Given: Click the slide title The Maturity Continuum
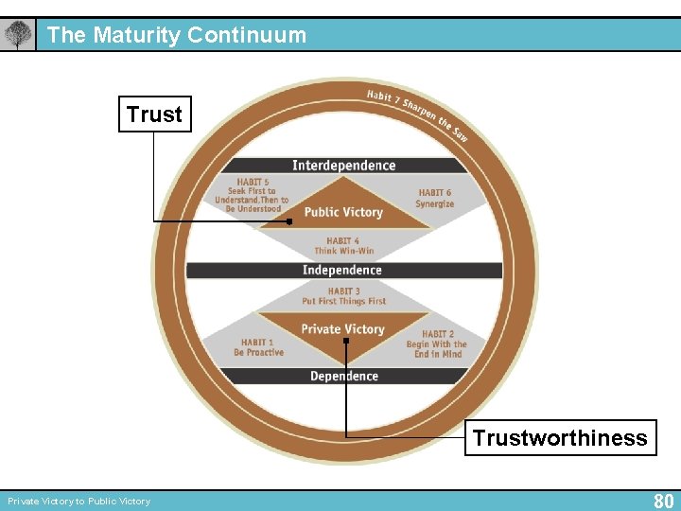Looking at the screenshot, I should coord(177,36).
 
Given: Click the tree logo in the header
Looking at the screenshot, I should coord(17,36).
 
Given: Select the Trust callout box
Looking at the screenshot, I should coord(154,115).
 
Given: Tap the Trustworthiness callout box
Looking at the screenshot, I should coord(560,438).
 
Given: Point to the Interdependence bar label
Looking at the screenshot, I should coord(343,166).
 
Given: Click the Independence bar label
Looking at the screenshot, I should coord(341,271).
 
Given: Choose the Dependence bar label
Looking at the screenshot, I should coord(343,377).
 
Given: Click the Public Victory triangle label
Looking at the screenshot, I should coord(343,212).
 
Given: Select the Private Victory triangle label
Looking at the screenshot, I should coord(342,329).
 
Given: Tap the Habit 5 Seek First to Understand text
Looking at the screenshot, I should coord(252,195).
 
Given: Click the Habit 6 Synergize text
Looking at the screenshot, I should coord(435,199).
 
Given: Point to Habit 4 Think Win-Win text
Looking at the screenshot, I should coord(343,246).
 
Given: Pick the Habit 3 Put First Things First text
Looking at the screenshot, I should coord(343,296).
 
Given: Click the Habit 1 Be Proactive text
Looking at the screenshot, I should coord(258,347).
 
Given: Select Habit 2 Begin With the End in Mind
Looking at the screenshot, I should coord(436,344).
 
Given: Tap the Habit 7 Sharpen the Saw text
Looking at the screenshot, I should coord(416,114).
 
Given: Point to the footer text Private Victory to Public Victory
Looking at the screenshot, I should coord(79,502).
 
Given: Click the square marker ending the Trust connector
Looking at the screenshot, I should coord(292,213).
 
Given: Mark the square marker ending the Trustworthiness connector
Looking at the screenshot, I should coord(346,341).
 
